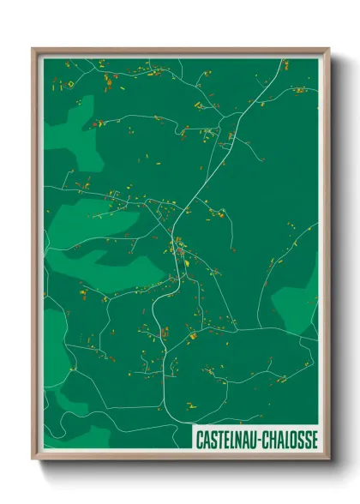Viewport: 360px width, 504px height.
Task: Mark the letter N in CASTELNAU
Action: click(x=237, y=439)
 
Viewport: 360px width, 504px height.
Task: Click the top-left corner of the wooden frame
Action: click(x=33, y=49)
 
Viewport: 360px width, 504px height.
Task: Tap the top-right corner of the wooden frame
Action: click(x=329, y=49)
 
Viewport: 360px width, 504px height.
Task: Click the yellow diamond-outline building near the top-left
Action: click(x=70, y=85)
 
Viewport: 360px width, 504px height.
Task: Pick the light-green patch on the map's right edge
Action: click(x=300, y=296)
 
